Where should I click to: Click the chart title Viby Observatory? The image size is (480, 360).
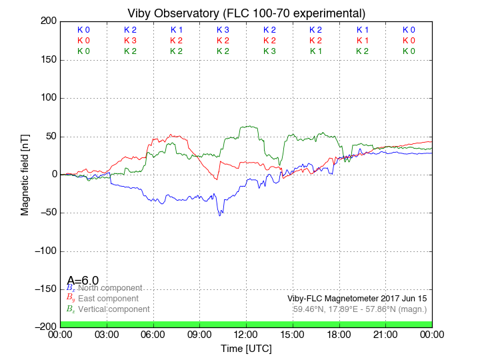coord(246,13)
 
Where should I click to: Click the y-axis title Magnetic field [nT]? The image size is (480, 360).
coord(25,174)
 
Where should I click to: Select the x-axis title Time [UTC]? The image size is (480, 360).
coord(246,349)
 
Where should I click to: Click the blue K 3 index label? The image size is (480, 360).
coord(223,30)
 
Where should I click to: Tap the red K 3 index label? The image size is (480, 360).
coord(130,41)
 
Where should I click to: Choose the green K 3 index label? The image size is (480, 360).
coord(269,51)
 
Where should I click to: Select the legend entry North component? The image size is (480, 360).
coord(110,288)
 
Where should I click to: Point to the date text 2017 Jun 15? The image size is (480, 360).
coord(404,299)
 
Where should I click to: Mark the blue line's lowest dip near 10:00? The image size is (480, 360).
coord(220,215)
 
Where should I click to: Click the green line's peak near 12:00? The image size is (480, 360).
coord(249,126)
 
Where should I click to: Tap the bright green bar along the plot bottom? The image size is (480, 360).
coord(246,324)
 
